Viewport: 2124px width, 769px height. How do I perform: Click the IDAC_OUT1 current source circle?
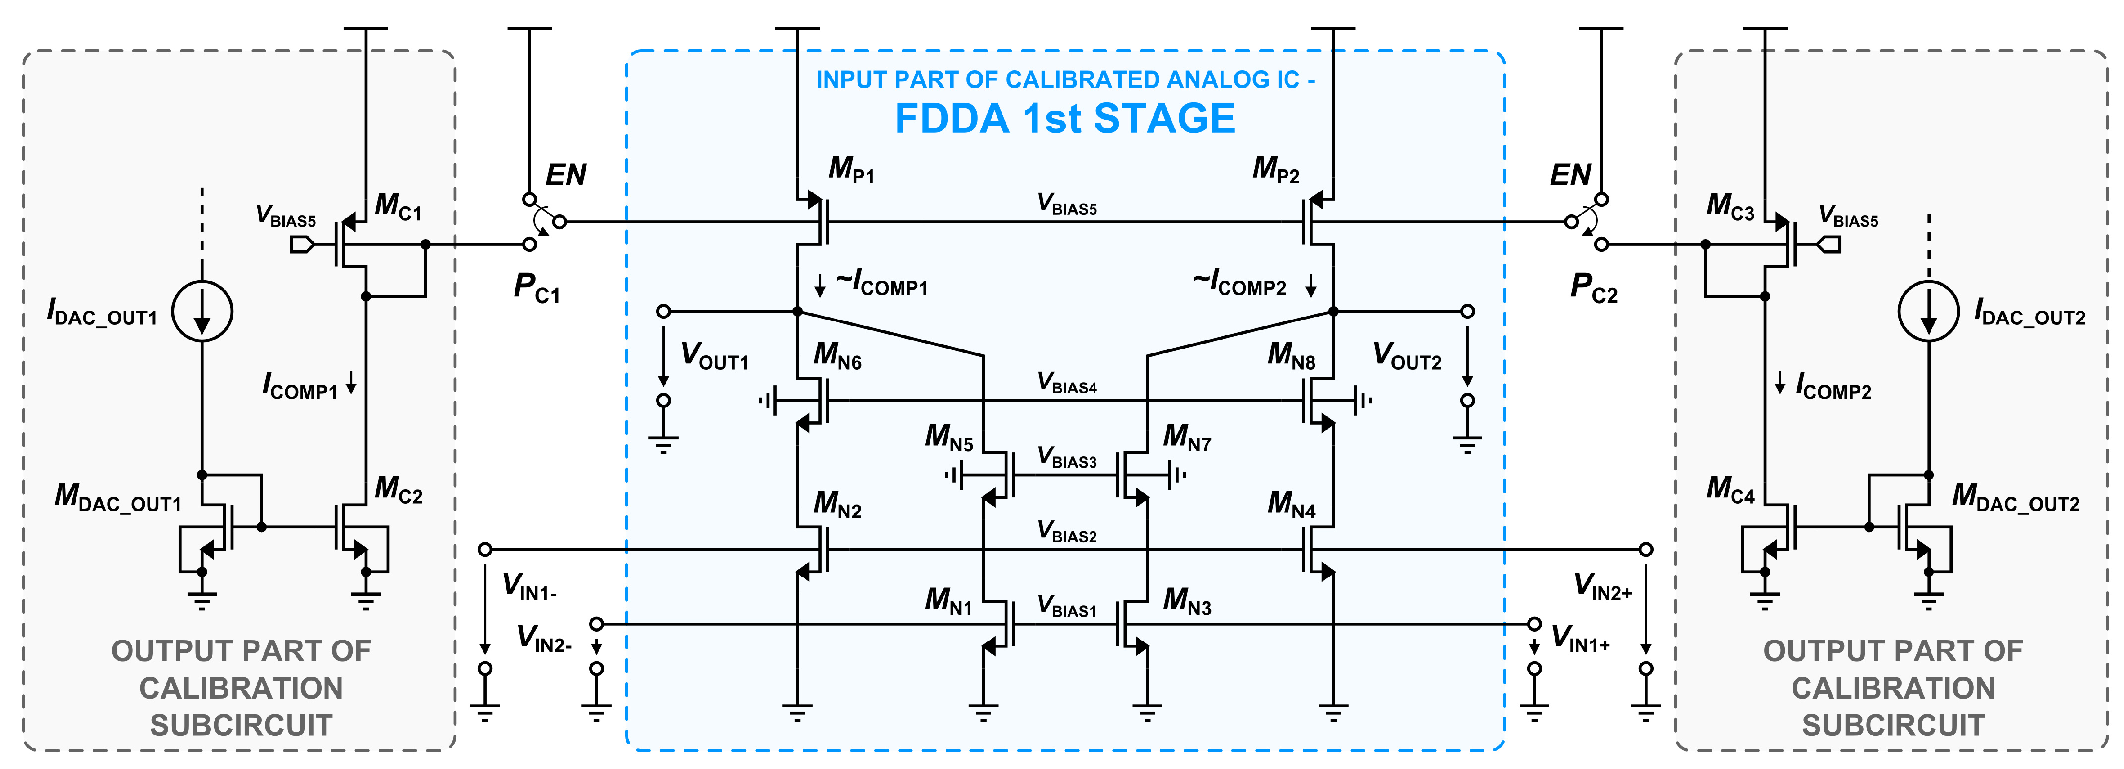pos(202,312)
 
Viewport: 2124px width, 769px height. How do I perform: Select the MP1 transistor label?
pos(851,169)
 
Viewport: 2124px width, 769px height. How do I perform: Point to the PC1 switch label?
pos(537,288)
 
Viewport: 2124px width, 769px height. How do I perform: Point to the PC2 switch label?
pos(1593,288)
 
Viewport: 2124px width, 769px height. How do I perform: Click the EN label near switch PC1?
pos(566,175)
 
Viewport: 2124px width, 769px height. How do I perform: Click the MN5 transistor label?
pos(949,437)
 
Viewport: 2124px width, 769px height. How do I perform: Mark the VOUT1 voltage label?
pos(714,356)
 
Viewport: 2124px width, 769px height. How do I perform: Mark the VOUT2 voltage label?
pos(1407,356)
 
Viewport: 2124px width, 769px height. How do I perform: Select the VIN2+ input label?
pos(1602,588)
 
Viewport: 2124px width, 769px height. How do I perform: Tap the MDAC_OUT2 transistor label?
pos(2015,497)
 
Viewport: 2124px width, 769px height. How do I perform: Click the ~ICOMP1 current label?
pos(881,283)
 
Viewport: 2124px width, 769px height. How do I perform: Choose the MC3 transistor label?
pos(1730,205)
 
